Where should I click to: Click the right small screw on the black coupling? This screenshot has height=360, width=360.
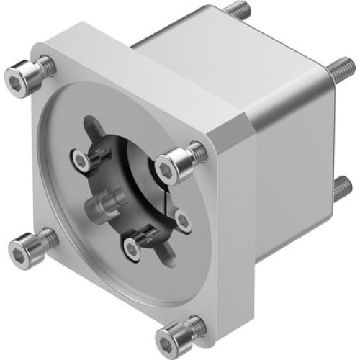[181, 220]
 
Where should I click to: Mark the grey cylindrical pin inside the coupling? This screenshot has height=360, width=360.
[101, 209]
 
